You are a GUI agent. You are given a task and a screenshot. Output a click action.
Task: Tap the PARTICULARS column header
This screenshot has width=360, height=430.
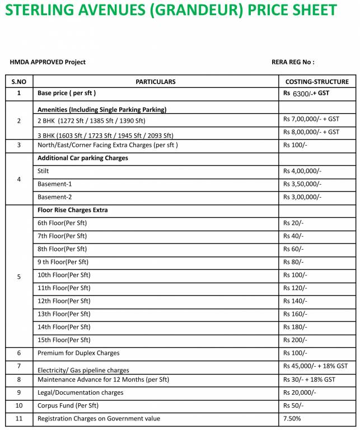point(155,82)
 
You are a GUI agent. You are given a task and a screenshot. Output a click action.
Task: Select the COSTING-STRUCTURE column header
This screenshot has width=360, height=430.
point(316,82)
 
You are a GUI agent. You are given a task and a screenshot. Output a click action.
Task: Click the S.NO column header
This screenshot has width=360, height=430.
point(18,82)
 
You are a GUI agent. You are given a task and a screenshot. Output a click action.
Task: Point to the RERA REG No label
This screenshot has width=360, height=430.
point(293,62)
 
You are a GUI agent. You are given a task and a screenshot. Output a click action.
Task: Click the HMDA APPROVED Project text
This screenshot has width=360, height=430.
point(48,62)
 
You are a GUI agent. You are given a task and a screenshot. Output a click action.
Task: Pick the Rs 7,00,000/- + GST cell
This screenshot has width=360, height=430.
point(311,119)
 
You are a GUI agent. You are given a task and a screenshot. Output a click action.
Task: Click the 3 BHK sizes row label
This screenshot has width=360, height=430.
point(105,135)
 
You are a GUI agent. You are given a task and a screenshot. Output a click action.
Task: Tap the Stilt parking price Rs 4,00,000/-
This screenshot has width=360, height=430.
point(302,171)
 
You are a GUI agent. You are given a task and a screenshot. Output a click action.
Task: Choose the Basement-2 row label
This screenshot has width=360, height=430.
point(55,197)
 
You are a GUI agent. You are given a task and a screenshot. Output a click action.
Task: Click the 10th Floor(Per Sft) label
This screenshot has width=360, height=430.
point(64,275)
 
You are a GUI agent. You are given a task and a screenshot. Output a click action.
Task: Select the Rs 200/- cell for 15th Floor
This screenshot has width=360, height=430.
point(295,340)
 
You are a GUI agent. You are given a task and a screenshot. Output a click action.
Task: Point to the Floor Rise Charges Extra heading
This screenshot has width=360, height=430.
point(72,210)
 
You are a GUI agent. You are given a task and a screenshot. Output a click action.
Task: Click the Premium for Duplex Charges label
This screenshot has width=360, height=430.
point(78,353)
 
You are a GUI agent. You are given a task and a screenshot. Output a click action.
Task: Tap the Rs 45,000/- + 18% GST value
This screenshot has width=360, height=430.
point(315,366)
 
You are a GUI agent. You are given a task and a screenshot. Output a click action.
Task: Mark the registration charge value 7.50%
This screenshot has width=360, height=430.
point(292,418)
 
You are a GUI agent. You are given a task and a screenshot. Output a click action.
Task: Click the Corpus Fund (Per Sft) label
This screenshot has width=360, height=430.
point(68,405)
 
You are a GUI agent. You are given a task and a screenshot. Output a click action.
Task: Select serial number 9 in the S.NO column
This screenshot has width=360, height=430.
point(18,392)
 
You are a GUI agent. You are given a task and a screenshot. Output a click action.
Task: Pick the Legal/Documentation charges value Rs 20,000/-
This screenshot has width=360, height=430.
point(300,392)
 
